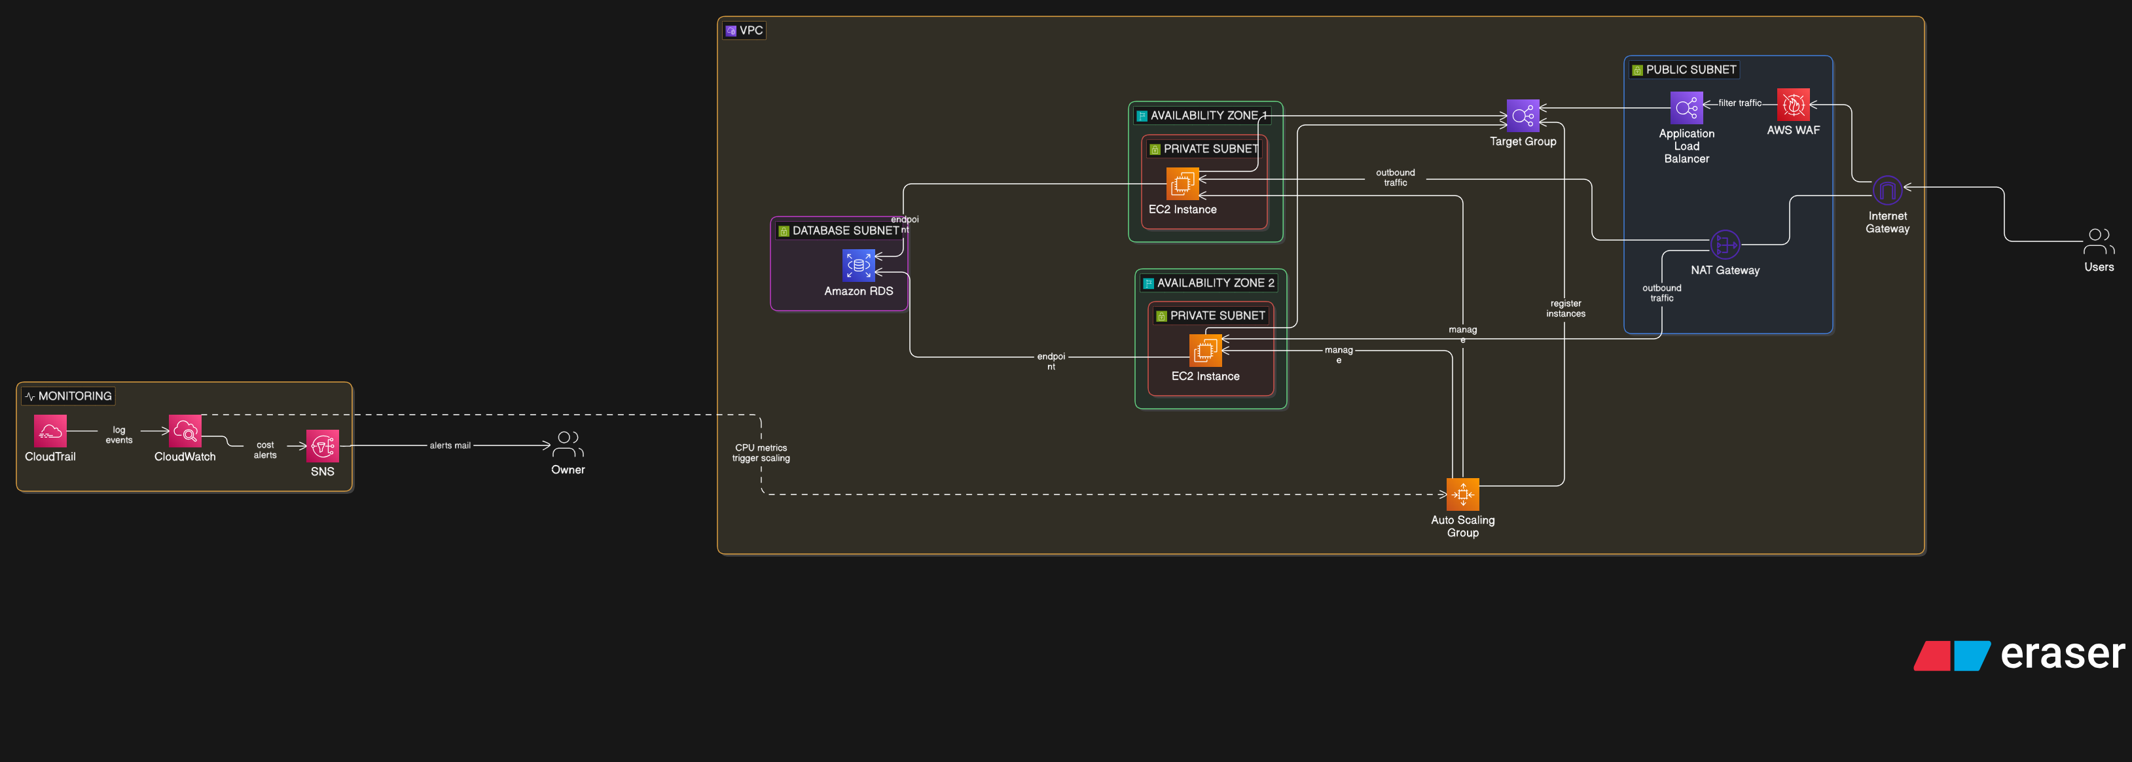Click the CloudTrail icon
coord(50,431)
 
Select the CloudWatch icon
coord(185,431)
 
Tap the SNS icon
coord(323,446)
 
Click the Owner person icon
coord(568,444)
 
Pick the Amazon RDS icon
coord(858,266)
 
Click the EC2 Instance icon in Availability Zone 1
coord(1182,184)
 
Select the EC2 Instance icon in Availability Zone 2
coord(1205,350)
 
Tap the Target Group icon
coord(1523,116)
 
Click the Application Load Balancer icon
coord(1686,107)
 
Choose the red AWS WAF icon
coord(1793,105)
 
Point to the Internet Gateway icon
coord(1887,191)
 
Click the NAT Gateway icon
coord(1725,245)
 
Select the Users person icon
coord(2098,241)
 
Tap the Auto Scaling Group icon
coord(1462,494)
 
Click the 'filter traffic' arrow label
coord(1740,103)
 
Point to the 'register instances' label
coord(1565,309)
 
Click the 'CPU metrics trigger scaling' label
coord(761,453)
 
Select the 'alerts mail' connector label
coord(450,445)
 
